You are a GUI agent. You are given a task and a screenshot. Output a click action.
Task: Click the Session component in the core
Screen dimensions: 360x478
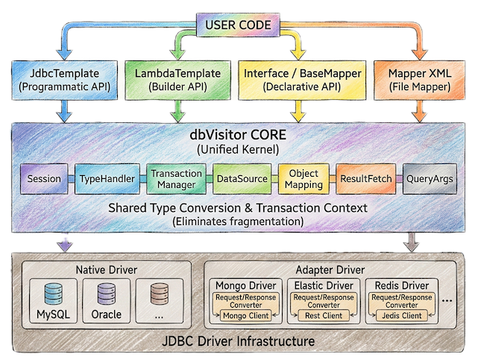pos(43,179)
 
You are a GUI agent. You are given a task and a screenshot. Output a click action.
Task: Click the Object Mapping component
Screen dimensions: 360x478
pos(304,179)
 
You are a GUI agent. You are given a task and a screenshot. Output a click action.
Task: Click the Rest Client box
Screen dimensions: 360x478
pos(323,315)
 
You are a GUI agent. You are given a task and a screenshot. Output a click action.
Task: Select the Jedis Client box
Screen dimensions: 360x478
pos(402,315)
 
